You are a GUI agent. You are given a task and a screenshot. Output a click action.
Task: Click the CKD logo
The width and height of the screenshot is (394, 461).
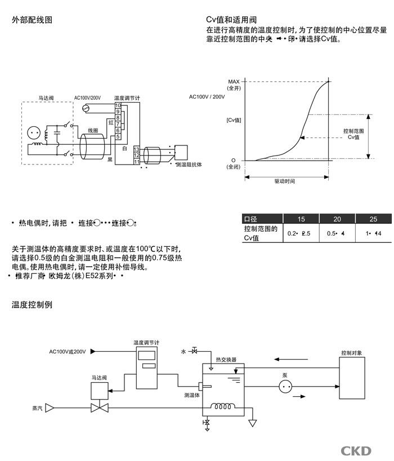(356, 450)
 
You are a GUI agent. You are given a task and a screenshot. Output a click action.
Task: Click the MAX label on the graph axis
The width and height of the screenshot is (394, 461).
(234, 82)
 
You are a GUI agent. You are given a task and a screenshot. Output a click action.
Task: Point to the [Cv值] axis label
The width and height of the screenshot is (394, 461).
(234, 120)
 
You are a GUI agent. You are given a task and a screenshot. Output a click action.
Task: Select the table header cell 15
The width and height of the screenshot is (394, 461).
(301, 219)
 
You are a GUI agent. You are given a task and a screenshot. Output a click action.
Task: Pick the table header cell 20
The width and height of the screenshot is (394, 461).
(337, 219)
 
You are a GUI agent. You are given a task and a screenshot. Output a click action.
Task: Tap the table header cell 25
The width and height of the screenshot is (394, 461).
(373, 219)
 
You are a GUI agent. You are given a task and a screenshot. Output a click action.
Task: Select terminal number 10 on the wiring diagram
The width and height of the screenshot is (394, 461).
(118, 105)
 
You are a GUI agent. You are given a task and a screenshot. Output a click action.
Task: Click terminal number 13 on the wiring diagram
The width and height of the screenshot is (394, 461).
(136, 149)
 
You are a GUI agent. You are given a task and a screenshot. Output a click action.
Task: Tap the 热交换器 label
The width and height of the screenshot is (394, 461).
(226, 359)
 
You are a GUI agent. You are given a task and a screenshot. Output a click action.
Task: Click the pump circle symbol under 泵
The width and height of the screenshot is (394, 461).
(286, 386)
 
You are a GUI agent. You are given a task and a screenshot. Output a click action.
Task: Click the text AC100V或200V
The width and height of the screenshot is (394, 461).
(68, 352)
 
